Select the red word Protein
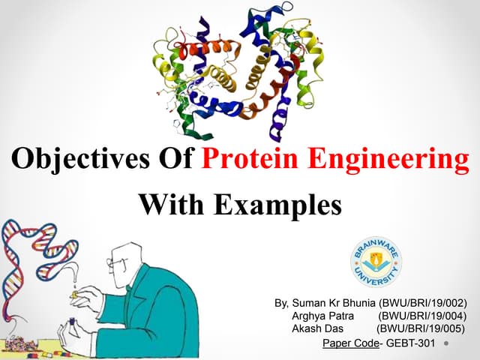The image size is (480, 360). tap(247, 160)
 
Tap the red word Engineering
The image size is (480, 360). tap(387, 160)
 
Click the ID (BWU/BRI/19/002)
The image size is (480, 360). tap(424, 303)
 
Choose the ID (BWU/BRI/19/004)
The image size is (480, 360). tap(424, 316)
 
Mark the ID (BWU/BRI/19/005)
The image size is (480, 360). tap(420, 328)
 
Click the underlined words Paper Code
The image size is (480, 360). tap(349, 343)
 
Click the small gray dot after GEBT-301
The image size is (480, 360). tap(445, 344)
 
